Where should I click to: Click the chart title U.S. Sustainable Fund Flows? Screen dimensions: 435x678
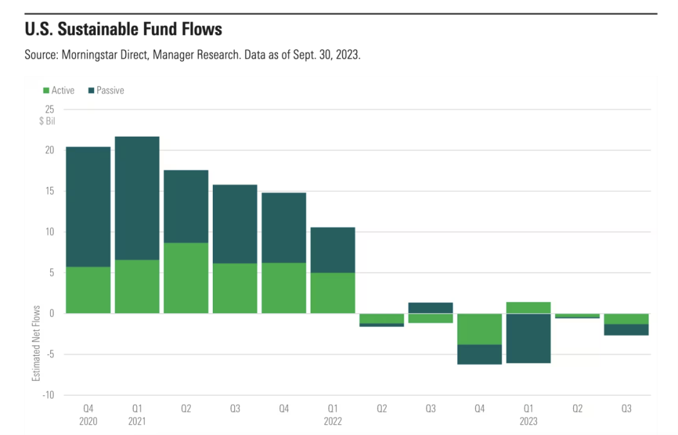123,29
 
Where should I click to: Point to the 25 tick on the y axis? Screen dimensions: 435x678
50,109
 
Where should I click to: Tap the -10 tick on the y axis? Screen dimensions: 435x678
48,395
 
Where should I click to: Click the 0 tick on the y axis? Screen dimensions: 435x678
52,313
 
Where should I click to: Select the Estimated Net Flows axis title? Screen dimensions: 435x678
36,343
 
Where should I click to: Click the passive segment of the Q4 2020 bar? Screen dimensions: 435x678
88,207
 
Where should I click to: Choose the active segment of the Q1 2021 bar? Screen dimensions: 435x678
137,286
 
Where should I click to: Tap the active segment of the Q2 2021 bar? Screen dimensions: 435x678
186,278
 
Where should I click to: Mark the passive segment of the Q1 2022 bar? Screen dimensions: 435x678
333,250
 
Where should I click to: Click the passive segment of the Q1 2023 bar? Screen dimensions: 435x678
528,338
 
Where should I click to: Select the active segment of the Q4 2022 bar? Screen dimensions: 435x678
479,329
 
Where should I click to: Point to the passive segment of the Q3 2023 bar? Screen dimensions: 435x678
626,330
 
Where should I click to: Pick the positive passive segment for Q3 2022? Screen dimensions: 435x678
430,308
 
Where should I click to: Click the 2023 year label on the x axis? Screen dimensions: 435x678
528,421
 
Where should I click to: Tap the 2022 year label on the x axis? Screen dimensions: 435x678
333,421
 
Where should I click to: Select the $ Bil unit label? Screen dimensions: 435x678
46,121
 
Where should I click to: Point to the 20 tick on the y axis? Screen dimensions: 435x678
50,150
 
